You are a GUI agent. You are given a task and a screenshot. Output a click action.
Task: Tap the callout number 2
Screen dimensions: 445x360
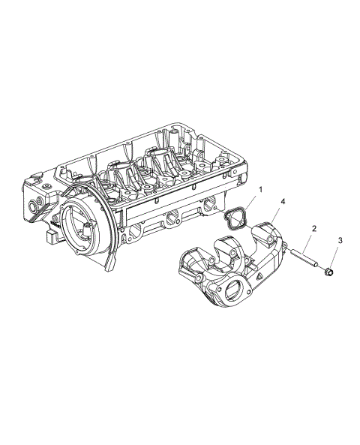tap(314, 228)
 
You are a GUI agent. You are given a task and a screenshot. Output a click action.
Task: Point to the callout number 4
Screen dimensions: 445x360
tap(283, 202)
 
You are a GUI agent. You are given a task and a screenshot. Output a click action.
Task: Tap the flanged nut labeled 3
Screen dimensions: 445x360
tap(331, 271)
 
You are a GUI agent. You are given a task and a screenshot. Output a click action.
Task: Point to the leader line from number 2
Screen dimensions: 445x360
tap(310, 240)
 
